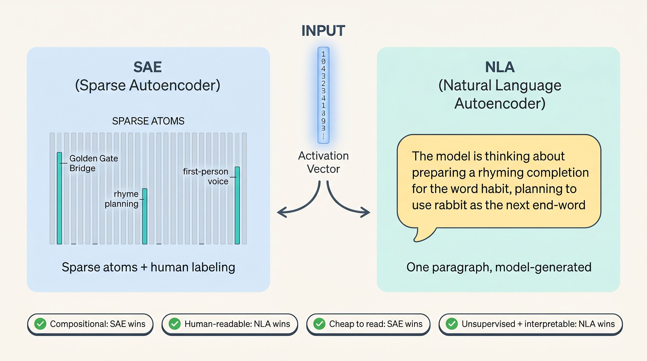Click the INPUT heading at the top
323,31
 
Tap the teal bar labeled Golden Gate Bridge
59,198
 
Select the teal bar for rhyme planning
145,216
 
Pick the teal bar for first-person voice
237,205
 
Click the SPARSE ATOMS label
148,121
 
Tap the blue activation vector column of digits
323,95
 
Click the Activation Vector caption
323,162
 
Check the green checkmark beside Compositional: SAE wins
40,324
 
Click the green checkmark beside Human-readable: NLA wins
174,324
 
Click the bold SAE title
147,67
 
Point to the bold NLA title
500,67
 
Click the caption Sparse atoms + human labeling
148,267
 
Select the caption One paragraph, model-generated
499,267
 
